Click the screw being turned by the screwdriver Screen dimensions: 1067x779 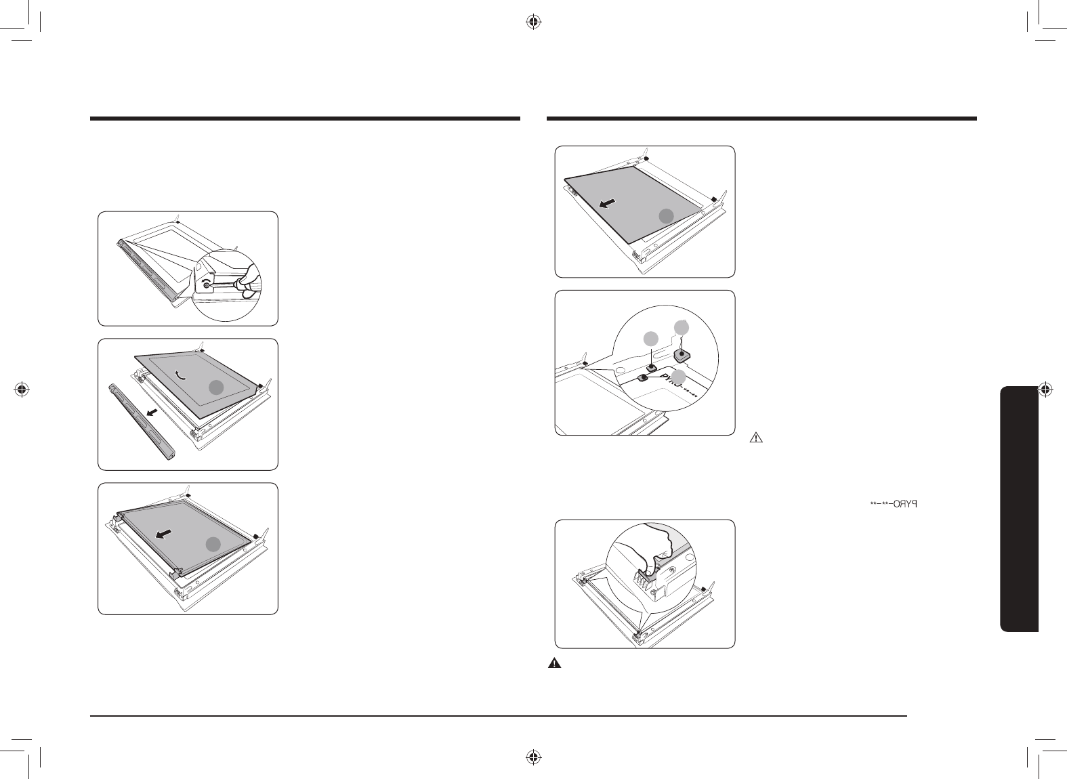[206, 286]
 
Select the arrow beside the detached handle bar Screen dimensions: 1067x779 [154, 412]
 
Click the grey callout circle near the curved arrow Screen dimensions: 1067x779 [215, 387]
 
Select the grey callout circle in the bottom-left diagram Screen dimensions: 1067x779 [213, 544]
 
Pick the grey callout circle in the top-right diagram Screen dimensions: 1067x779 [667, 215]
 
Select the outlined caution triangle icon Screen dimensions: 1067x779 [757, 438]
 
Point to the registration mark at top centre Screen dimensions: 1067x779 [533, 22]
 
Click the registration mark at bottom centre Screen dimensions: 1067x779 [533, 757]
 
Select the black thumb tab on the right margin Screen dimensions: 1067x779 [1019, 508]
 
